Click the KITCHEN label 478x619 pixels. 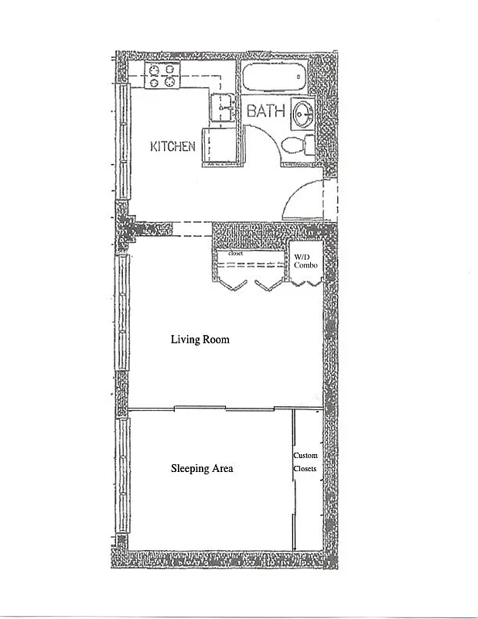pos(172,146)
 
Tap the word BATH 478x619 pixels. pos(265,111)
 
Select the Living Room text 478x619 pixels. pos(200,340)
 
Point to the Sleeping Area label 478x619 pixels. pos(201,468)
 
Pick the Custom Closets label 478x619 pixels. pos(306,462)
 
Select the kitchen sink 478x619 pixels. pos(224,108)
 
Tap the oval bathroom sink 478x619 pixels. pos(302,115)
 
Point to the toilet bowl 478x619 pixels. pos(292,145)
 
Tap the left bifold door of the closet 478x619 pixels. pos(233,284)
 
